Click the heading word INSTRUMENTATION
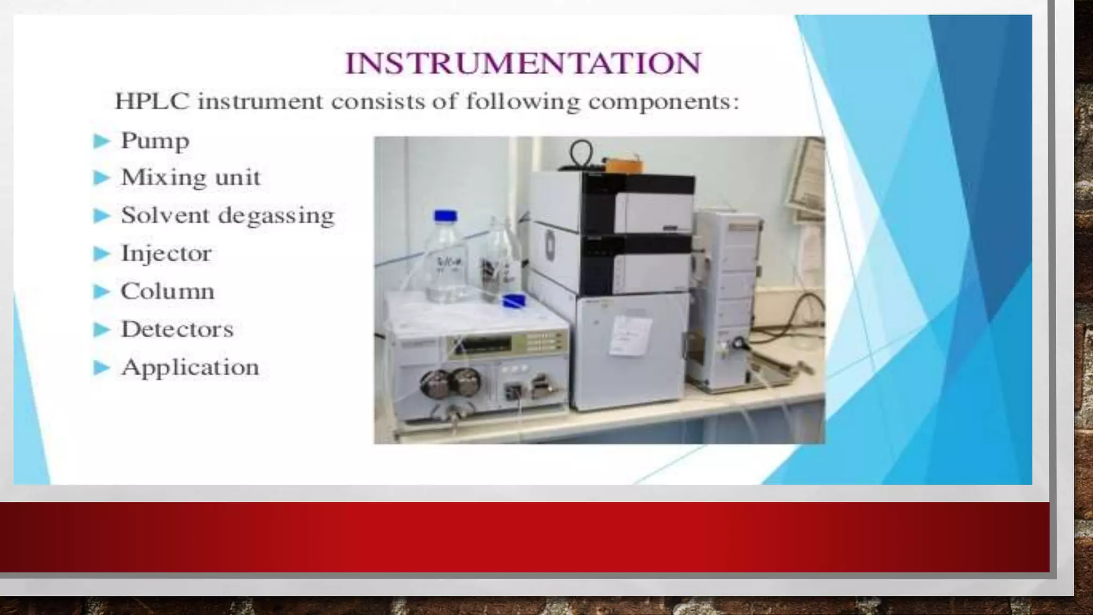coord(522,63)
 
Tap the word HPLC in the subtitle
coord(152,101)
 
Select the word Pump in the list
coord(155,141)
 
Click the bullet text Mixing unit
coord(191,177)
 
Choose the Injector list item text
coord(167,253)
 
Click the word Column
coord(168,291)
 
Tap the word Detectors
coord(177,329)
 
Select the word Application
coord(190,367)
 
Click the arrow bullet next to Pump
coord(101,141)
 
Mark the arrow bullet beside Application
coord(101,368)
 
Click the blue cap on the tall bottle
coord(446,216)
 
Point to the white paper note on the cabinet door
coord(630,335)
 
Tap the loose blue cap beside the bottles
coord(514,301)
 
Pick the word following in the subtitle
coord(522,101)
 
